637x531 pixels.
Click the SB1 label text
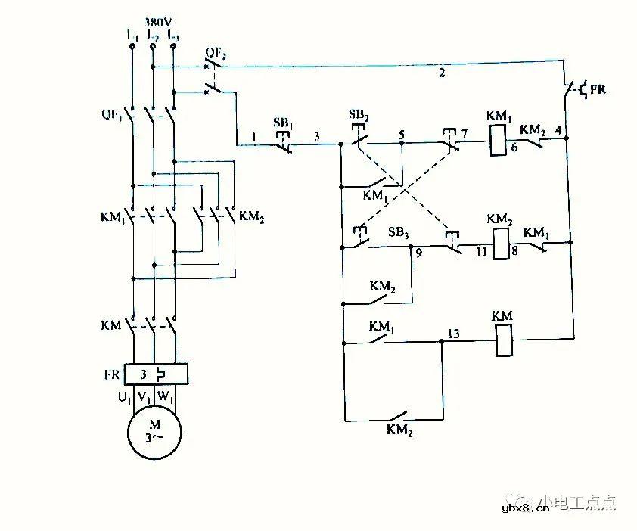pyautogui.click(x=283, y=123)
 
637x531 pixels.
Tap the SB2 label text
pyautogui.click(x=359, y=114)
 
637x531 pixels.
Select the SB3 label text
pyautogui.click(x=399, y=232)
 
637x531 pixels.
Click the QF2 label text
pyautogui.click(x=216, y=53)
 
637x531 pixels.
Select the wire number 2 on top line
pyautogui.click(x=440, y=73)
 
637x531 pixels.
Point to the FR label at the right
pyautogui.click(x=597, y=89)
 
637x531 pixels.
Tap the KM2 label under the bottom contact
pyautogui.click(x=398, y=430)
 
